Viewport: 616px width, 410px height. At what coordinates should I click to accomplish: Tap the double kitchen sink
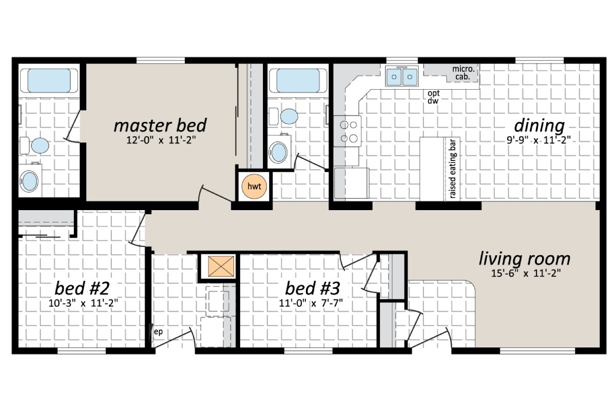point(401,77)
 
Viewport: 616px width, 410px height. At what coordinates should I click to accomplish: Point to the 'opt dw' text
point(433,97)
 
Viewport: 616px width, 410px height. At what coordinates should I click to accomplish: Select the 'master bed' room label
point(160,125)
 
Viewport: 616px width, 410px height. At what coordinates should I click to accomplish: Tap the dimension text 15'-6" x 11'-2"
point(524,274)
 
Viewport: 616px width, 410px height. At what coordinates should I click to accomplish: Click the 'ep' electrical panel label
point(159,332)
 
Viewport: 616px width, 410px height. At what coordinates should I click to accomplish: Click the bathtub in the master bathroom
point(49,80)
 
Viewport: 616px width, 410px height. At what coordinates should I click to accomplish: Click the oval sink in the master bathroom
point(29,181)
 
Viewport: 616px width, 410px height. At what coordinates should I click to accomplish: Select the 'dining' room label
point(539,125)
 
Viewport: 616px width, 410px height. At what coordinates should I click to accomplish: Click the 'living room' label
point(524,258)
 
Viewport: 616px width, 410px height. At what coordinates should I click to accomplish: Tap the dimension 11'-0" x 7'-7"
point(311,302)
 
